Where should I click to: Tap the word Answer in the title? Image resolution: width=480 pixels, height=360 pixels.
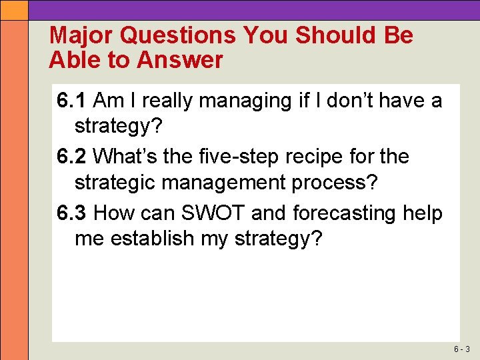tap(180, 61)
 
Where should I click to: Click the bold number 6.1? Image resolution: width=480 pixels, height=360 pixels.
tap(71, 101)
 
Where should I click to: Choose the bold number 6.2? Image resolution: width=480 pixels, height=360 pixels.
tap(71, 157)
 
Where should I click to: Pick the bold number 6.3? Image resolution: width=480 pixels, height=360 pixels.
tap(71, 213)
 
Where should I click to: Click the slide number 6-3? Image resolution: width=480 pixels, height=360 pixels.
tap(462, 349)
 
